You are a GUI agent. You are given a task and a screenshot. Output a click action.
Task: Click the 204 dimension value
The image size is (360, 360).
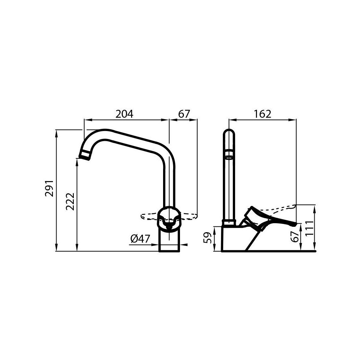[x=124, y=114]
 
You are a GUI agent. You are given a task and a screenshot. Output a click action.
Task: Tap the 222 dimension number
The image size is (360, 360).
[x=71, y=202]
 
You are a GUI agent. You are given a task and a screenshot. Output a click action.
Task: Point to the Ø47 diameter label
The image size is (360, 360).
[x=140, y=238]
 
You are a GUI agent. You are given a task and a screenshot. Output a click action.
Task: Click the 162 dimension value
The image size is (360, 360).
[x=262, y=114]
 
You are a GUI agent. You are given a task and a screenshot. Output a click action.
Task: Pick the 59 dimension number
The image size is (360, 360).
[x=207, y=238]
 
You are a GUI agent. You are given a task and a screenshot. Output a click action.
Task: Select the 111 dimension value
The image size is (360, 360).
[x=309, y=228]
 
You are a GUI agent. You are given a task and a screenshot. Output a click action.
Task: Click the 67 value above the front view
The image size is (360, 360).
[x=184, y=114]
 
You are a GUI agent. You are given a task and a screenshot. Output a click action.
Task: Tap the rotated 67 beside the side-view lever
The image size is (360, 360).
[x=295, y=237]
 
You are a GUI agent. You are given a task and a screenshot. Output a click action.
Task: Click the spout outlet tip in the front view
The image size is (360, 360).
[x=85, y=156]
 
